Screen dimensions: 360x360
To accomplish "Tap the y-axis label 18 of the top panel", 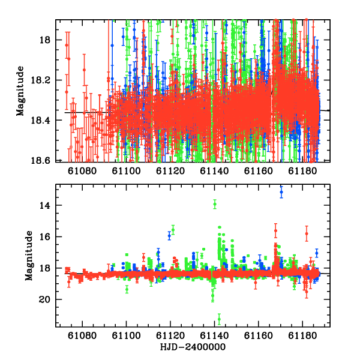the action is [x=45, y=40].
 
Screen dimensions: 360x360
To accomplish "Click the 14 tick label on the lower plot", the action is [x=44, y=205].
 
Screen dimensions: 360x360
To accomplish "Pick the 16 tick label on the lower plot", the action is [x=44, y=237].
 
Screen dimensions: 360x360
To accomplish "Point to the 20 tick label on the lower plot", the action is [x=44, y=299].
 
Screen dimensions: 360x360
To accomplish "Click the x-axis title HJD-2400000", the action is [x=193, y=347].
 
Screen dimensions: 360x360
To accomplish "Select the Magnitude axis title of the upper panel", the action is [x=20, y=91].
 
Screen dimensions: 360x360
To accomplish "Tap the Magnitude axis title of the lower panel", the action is [x=29, y=256].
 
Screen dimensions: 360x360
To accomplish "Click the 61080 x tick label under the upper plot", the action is [x=82, y=171].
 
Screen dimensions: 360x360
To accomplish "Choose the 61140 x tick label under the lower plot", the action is [x=214, y=336].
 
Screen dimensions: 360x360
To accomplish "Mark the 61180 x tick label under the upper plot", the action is [x=302, y=171].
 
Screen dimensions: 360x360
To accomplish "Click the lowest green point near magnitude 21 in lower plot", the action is [x=219, y=319].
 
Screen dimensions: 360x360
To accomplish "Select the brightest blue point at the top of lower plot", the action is [x=281, y=192].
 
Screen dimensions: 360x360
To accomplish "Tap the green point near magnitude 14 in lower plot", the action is [x=215, y=204].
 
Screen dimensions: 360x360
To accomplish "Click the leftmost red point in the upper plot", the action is [x=67, y=45].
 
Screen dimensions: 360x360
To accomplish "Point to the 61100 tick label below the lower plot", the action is [x=126, y=336].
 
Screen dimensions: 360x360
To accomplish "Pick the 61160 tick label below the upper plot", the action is [x=258, y=171].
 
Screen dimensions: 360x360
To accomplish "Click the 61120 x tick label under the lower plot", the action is [x=170, y=336].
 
